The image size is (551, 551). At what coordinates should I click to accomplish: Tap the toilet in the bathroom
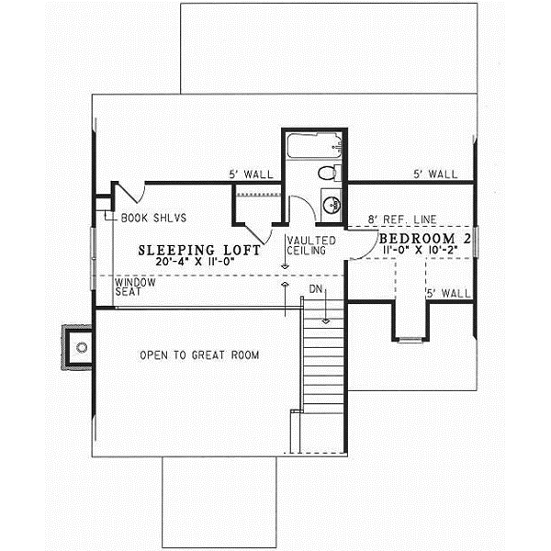(x=328, y=173)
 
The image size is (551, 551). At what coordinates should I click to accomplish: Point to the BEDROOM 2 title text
(x=425, y=239)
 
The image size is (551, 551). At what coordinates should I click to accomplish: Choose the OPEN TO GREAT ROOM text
(x=199, y=354)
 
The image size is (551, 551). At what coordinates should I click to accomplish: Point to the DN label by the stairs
(x=316, y=289)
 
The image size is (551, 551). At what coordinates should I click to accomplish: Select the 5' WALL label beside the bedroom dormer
(x=447, y=294)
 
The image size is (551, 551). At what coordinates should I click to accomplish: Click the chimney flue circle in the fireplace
(x=82, y=347)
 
